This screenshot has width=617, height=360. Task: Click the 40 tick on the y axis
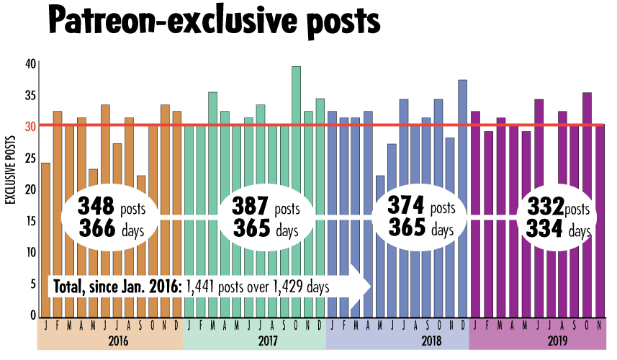coord(30,64)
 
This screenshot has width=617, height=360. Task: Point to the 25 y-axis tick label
coord(30,158)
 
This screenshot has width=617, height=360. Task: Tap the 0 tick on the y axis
coord(32,316)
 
